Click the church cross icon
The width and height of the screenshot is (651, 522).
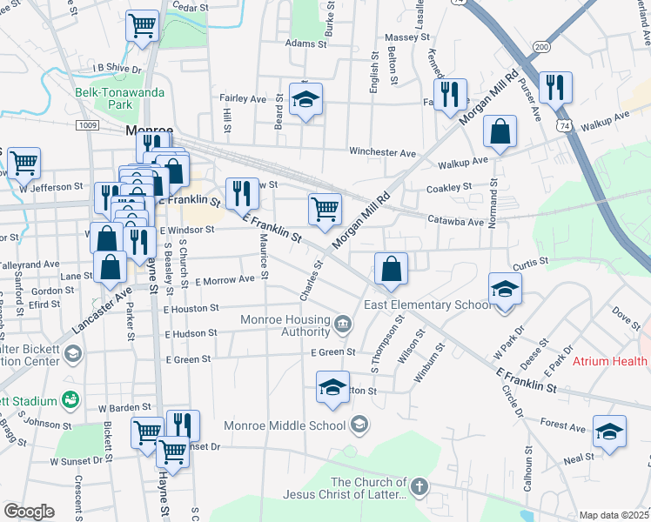click(419, 486)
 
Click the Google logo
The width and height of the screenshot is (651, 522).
click(29, 512)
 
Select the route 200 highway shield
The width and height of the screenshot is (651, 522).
click(542, 46)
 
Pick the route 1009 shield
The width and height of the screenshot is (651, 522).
click(87, 125)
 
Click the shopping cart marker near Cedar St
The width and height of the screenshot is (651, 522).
click(142, 25)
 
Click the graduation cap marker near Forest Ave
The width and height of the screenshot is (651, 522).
click(609, 432)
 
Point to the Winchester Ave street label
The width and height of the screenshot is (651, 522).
click(382, 152)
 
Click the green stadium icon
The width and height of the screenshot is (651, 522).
click(70, 400)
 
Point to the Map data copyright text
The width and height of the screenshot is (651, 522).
click(614, 515)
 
